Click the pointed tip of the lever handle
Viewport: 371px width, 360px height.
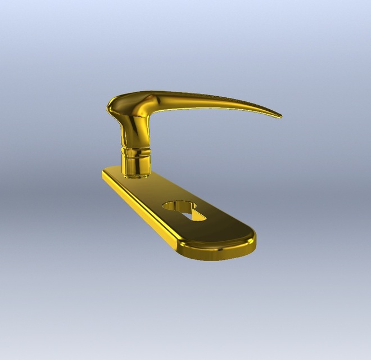[x=279, y=116]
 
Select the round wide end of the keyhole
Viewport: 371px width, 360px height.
[x=175, y=205]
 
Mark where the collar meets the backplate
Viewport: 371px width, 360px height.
[x=137, y=175]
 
